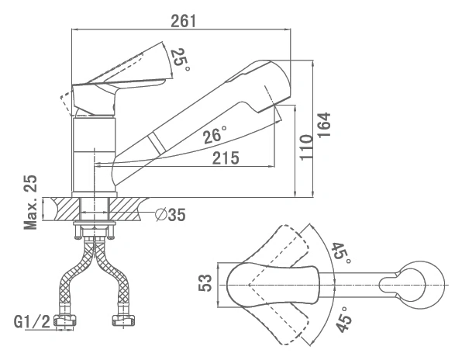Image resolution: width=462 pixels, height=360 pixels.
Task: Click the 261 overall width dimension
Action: tap(183, 21)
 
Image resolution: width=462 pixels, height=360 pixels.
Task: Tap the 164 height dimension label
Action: tap(324, 124)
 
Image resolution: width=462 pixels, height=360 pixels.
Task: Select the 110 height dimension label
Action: tap(306, 147)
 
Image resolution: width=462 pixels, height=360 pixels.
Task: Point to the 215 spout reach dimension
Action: tap(226, 158)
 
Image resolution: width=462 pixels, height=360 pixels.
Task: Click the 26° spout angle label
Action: tap(215, 135)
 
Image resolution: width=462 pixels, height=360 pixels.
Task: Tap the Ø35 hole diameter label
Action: tap(171, 214)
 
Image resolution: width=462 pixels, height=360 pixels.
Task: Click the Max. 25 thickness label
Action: tap(31, 202)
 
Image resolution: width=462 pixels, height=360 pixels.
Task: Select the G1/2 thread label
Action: tap(33, 321)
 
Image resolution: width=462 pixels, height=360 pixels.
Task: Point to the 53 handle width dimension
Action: tap(205, 283)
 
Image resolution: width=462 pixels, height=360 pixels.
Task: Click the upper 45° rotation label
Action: tap(341, 253)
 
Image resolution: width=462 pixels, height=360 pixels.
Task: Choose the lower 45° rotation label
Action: tap(343, 319)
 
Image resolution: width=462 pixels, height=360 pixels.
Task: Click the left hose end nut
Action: tap(65, 320)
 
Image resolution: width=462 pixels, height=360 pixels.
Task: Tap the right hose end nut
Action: tap(123, 320)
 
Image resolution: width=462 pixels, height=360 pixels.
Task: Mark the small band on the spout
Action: tap(156, 144)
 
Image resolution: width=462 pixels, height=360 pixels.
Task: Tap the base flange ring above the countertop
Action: tap(95, 194)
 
